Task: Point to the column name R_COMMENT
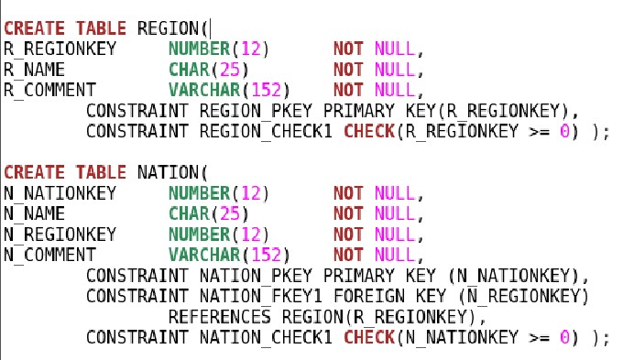[49, 91]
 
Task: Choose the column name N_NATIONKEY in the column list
[51, 193]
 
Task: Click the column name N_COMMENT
[49, 255]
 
